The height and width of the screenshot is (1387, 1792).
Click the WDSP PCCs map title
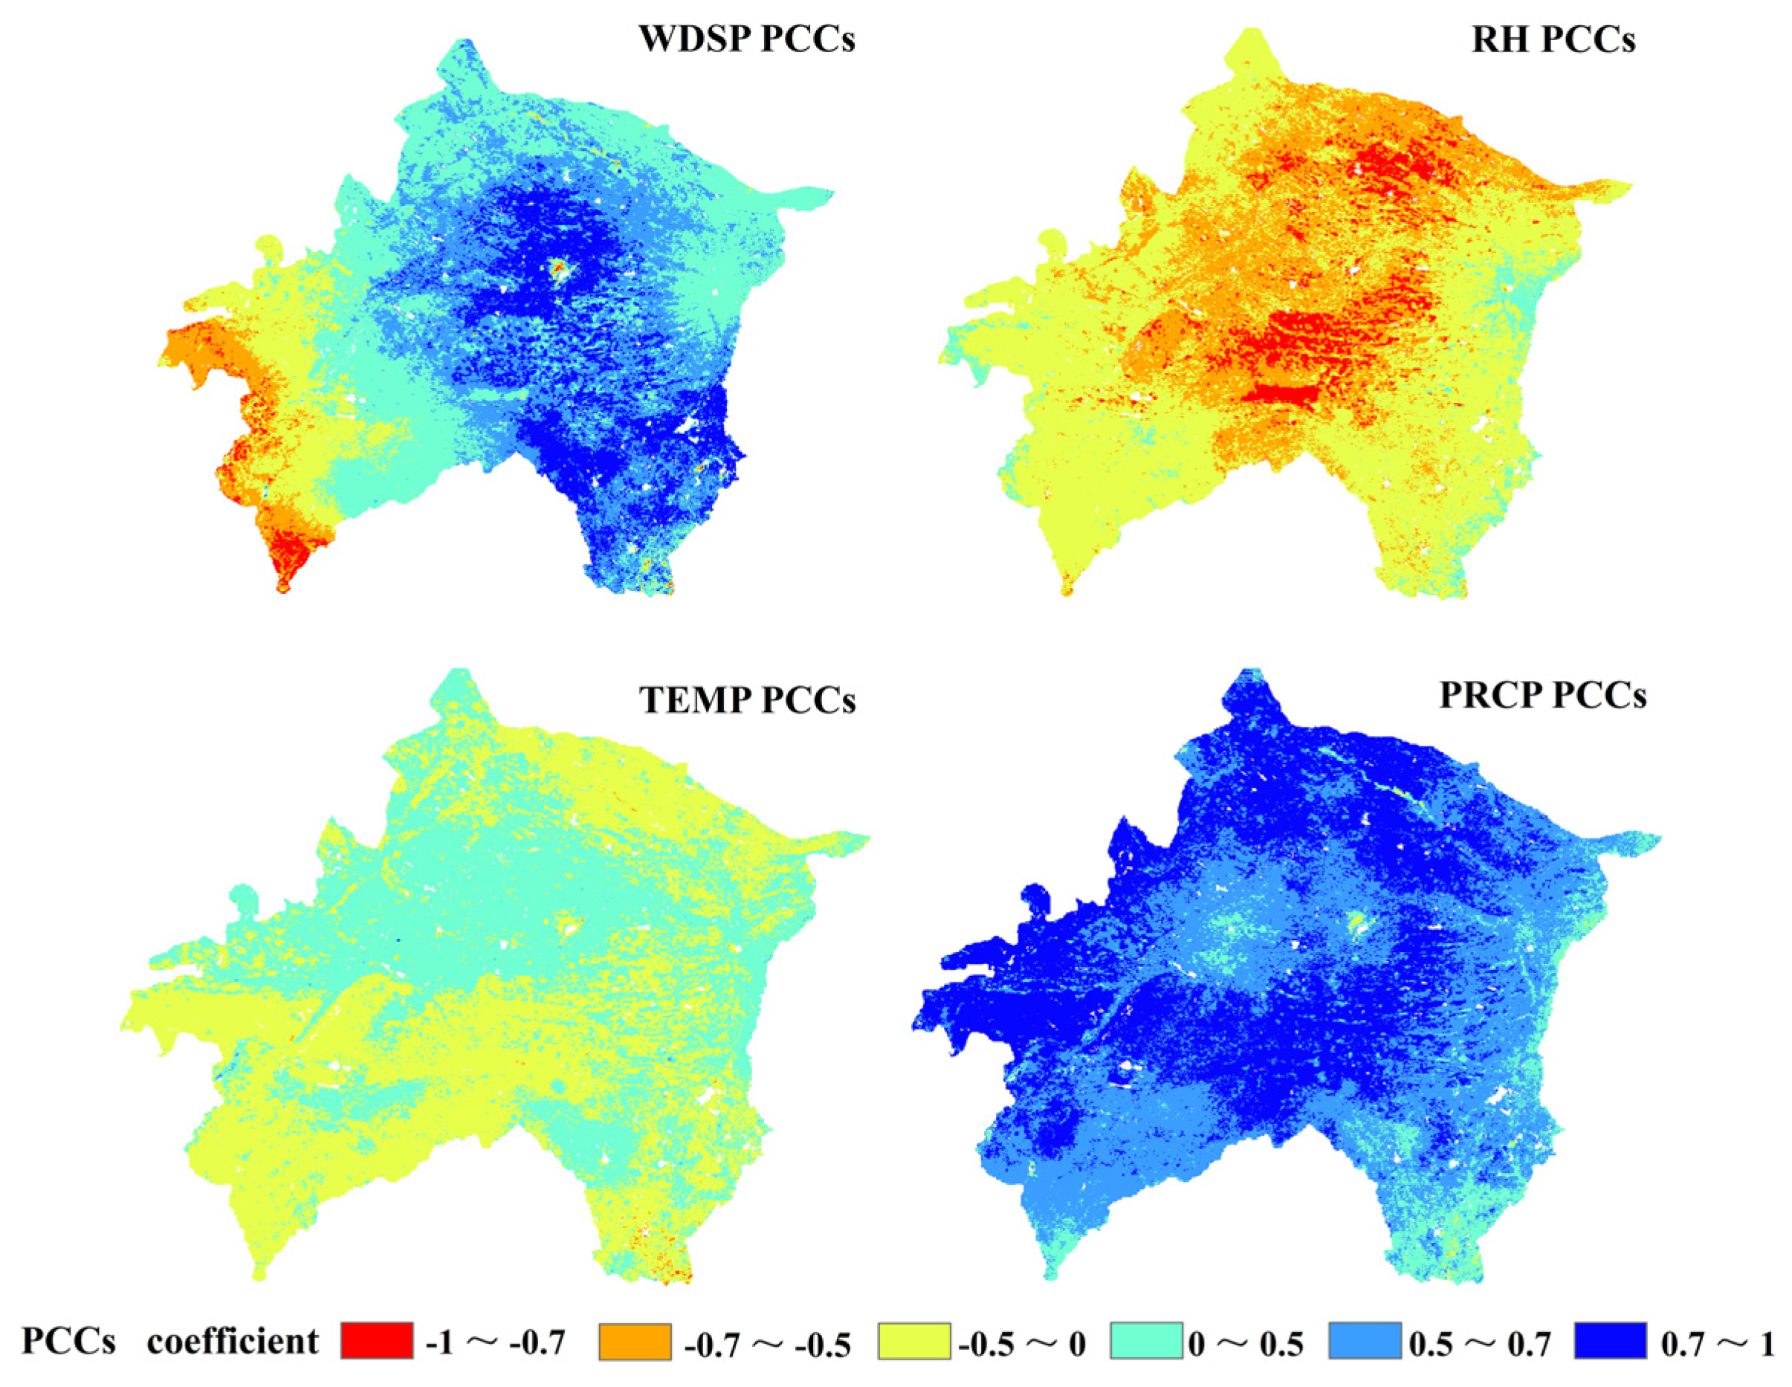[747, 39]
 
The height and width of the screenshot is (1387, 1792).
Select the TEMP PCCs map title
[747, 700]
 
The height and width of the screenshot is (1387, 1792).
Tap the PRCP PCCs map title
[1542, 695]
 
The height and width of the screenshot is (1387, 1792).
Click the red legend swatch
[377, 1340]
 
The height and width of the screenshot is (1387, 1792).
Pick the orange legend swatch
[635, 1340]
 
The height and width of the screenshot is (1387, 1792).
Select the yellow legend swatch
[914, 1340]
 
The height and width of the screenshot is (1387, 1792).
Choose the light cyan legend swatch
[1146, 1340]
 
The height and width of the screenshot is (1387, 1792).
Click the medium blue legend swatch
[1365, 1340]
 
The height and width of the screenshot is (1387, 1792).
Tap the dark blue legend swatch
[1611, 1340]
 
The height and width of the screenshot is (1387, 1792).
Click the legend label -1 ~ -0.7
[496, 1342]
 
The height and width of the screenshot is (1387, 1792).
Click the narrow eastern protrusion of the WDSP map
[808, 196]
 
